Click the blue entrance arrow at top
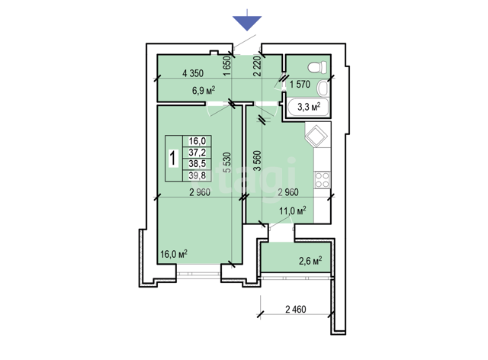point(247,22)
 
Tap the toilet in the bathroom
point(317,67)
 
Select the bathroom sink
point(323,88)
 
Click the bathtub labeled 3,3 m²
point(308,107)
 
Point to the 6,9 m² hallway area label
point(204,91)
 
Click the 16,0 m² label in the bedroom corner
point(174,254)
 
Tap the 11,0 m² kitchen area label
point(292,211)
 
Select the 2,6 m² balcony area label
point(310,261)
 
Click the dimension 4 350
point(193,73)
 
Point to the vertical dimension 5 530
point(228,162)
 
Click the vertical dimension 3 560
point(258,161)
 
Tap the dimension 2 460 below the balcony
point(296,309)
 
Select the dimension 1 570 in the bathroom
point(300,84)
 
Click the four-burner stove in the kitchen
point(322,180)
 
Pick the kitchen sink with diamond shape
point(316,135)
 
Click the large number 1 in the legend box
point(173,158)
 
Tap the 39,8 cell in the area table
point(197,175)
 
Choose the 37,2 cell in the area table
point(197,153)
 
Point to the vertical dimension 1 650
point(228,66)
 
